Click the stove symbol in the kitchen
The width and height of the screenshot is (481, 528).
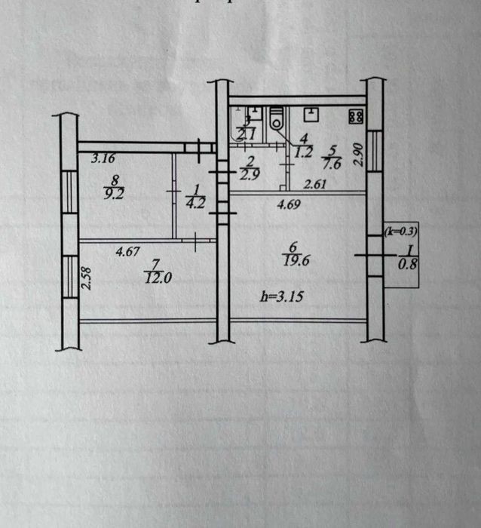(356, 117)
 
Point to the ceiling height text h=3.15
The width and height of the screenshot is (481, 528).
(280, 297)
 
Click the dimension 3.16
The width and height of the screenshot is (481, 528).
(103, 159)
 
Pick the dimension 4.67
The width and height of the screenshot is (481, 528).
(129, 253)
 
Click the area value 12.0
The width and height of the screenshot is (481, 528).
(157, 277)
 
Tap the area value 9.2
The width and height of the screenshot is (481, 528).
(115, 192)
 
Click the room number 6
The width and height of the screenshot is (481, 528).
(292, 246)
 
